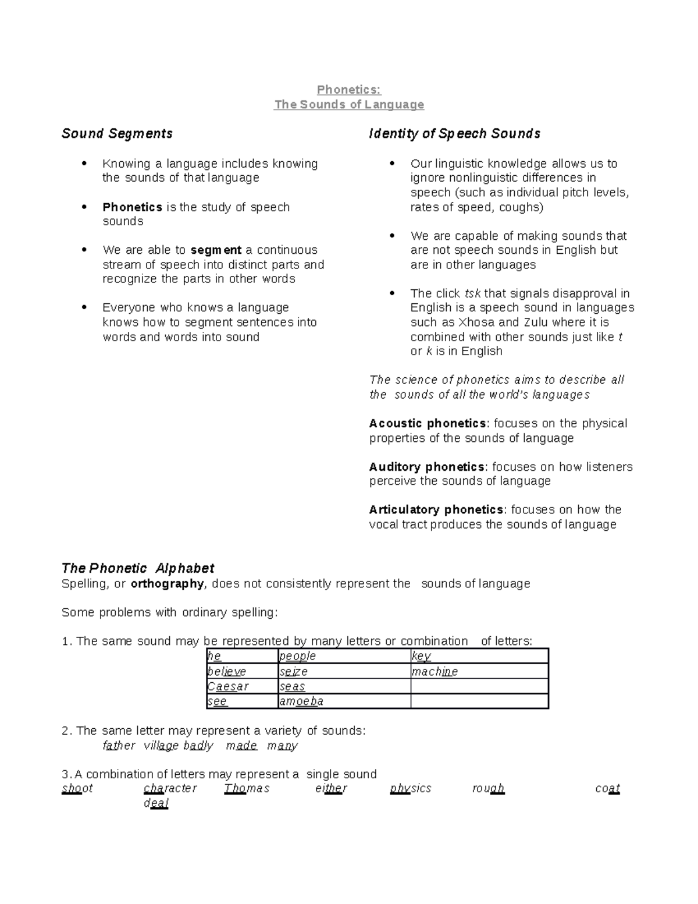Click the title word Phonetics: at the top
coord(348,90)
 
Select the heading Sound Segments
coord(117,134)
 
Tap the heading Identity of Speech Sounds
coord(454,134)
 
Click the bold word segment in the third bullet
coord(216,250)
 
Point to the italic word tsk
coord(472,293)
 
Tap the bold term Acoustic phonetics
coord(428,423)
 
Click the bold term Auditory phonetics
coord(426,467)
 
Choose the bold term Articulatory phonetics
coord(436,510)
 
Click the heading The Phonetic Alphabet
coord(138,568)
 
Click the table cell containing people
coord(344,657)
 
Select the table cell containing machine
coord(479,672)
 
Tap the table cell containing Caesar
coord(243,686)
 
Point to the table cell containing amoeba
coord(344,701)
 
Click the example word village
coord(161,746)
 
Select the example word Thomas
coord(247,789)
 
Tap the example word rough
coord(488,789)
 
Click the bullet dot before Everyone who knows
coord(85,307)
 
